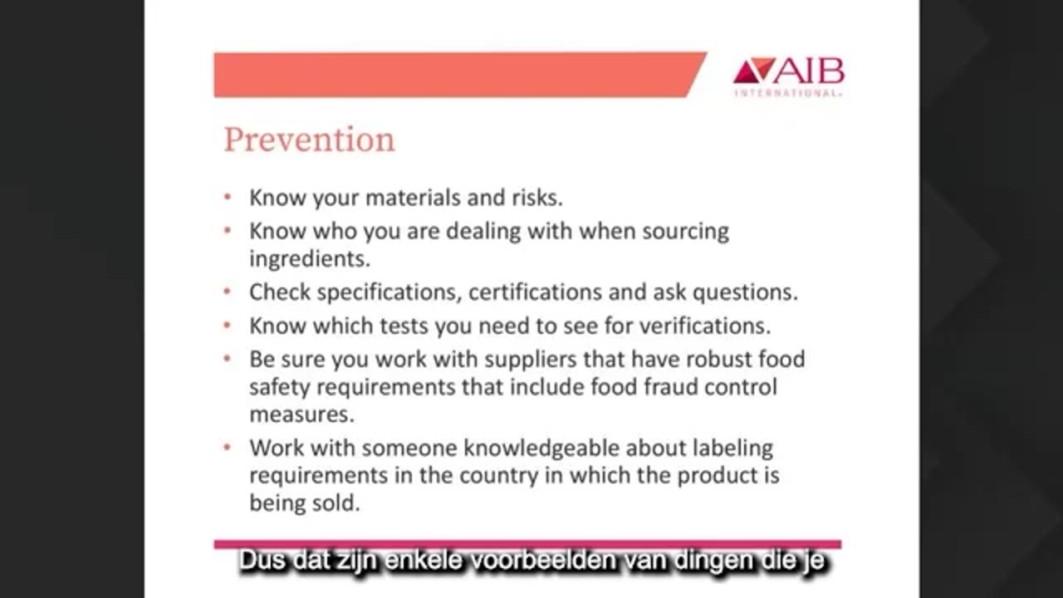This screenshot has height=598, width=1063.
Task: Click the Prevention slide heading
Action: [309, 140]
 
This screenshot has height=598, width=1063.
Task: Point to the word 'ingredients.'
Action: [310, 258]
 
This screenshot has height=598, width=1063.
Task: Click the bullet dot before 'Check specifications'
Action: [228, 292]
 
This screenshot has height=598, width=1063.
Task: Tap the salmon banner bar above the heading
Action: [457, 75]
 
